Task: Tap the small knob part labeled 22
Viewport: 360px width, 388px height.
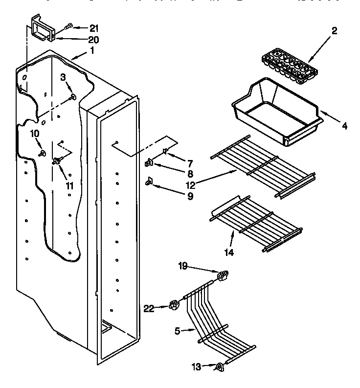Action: click(x=174, y=307)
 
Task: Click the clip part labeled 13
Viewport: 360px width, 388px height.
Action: click(x=220, y=366)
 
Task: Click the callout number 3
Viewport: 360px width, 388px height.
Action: click(x=63, y=77)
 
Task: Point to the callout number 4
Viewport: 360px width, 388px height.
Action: click(x=344, y=126)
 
